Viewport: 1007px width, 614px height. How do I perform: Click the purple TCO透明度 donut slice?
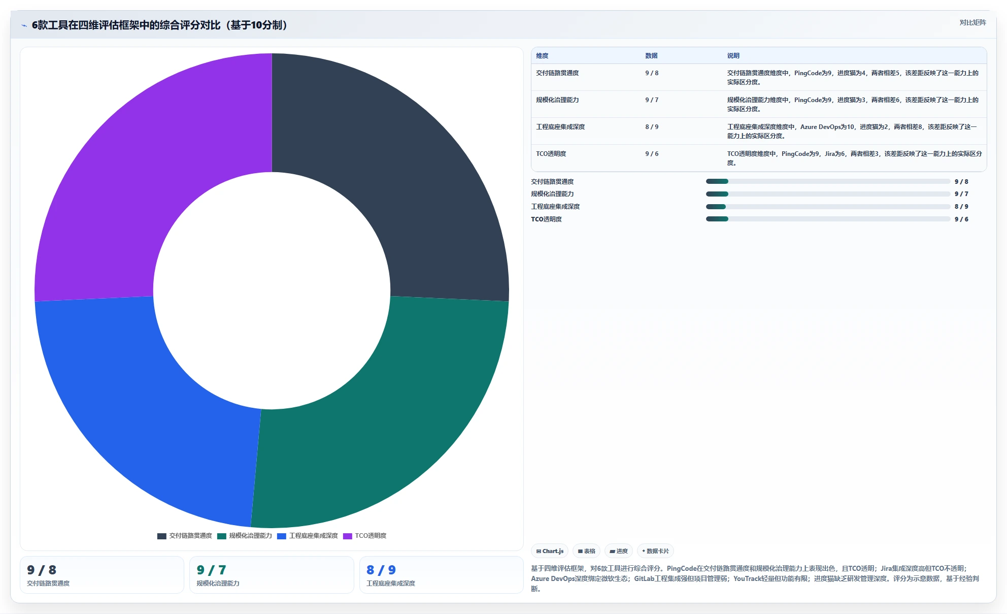click(x=127, y=168)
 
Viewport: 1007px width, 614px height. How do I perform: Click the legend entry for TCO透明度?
click(x=365, y=536)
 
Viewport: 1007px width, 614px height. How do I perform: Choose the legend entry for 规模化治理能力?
click(x=245, y=536)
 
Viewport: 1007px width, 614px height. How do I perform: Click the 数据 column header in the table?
click(x=651, y=56)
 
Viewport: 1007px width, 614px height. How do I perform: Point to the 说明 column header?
click(x=733, y=56)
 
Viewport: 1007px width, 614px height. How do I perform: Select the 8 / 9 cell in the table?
click(x=652, y=127)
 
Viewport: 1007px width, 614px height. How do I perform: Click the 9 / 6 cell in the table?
click(x=652, y=154)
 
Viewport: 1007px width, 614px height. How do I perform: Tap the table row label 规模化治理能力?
click(x=557, y=100)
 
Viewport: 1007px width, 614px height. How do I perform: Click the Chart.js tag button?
click(x=550, y=551)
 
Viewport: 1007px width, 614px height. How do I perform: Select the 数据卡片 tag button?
click(x=655, y=551)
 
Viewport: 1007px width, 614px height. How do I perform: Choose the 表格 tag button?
click(x=586, y=551)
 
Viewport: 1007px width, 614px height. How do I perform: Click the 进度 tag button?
click(x=619, y=551)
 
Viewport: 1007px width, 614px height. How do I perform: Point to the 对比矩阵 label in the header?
click(x=972, y=23)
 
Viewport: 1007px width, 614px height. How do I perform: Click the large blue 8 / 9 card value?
click(x=381, y=570)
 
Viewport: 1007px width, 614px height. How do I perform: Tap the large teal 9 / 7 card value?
click(x=211, y=570)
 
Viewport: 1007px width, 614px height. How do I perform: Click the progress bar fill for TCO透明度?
click(x=717, y=219)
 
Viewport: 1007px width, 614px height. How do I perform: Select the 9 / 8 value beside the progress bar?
click(x=961, y=182)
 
